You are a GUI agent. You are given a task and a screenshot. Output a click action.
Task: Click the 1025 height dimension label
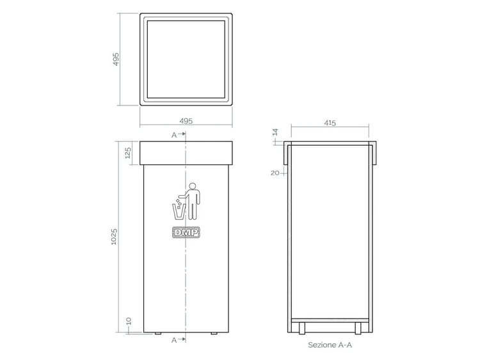[x=114, y=237]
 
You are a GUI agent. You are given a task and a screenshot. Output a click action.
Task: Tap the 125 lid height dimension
[x=128, y=153]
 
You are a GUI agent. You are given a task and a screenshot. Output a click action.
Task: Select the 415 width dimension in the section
[x=330, y=123]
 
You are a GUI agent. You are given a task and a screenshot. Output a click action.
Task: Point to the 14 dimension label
[x=275, y=132]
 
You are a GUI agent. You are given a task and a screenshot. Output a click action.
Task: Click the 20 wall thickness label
[x=275, y=173]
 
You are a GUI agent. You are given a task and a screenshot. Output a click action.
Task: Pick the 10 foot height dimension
[x=129, y=321]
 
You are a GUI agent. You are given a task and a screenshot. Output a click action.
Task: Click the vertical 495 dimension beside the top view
[x=116, y=59]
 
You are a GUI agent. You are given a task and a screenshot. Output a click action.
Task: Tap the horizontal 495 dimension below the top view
[x=186, y=121]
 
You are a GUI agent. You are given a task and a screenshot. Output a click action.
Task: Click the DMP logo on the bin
[x=186, y=233]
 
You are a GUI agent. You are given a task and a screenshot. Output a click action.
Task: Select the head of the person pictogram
[x=193, y=186]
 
